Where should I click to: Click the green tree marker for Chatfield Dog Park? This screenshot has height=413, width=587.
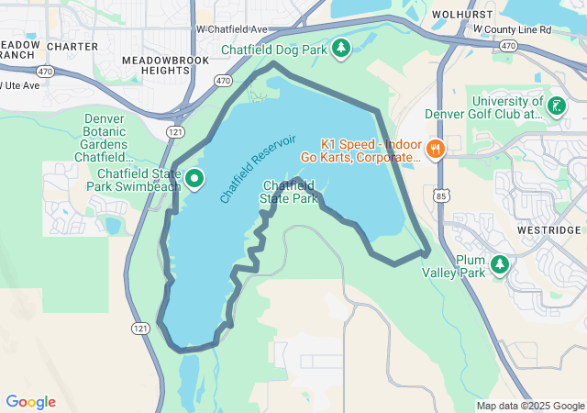click(341, 47)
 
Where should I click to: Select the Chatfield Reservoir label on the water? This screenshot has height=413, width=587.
click(258, 169)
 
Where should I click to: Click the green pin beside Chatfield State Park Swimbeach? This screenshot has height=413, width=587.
click(194, 179)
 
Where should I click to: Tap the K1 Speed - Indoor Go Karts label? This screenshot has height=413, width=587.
click(371, 151)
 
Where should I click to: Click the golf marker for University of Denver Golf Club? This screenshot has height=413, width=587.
click(555, 106)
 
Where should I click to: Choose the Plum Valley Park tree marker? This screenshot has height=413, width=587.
click(500, 265)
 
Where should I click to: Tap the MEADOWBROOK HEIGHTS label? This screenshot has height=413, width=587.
click(165, 65)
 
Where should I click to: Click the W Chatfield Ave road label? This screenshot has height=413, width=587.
click(231, 28)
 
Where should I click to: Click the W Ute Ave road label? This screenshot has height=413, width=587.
click(20, 85)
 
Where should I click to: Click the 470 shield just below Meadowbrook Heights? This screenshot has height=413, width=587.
click(223, 81)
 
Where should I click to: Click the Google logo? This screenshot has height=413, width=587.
click(30, 402)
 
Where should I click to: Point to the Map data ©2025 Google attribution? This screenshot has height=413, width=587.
click(529, 406)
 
